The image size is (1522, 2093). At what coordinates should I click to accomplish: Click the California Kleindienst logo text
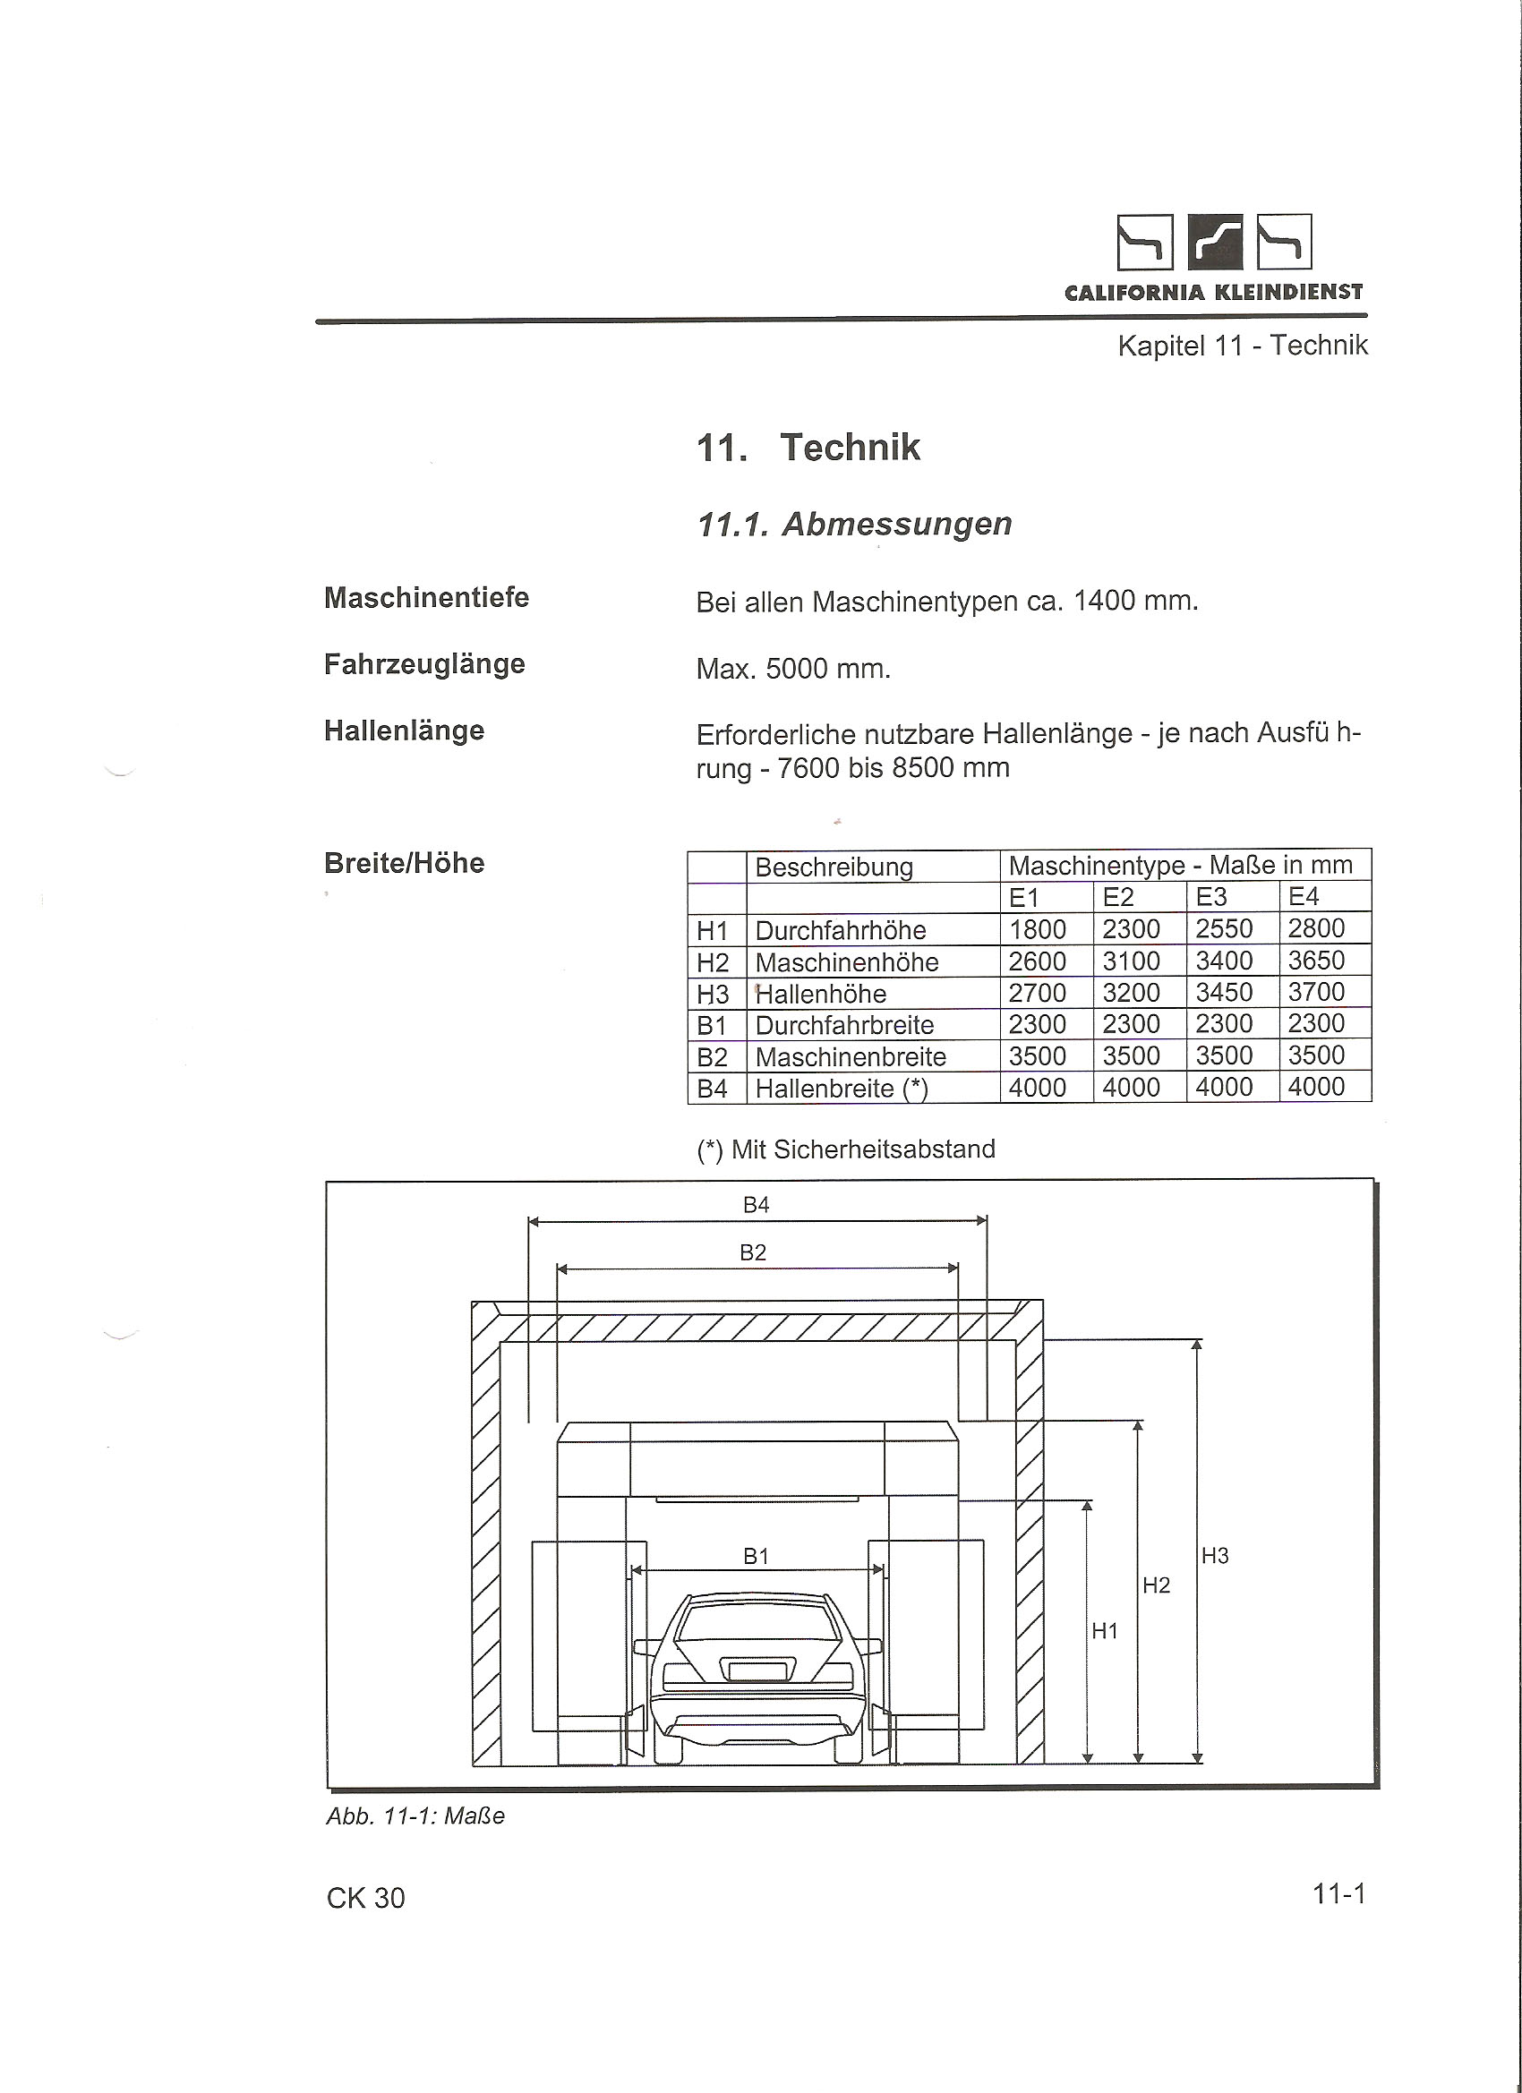point(1213,293)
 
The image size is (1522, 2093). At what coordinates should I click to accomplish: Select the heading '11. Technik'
point(808,448)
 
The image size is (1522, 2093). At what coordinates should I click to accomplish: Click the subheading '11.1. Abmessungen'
point(854,525)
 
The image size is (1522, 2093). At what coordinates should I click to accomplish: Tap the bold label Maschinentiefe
point(426,598)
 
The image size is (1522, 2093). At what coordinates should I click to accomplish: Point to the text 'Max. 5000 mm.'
point(793,668)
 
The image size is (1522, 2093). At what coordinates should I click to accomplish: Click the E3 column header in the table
point(1211,897)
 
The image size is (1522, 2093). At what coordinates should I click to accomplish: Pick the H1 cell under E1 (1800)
point(1038,929)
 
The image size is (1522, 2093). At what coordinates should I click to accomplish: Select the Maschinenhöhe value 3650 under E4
point(1316,961)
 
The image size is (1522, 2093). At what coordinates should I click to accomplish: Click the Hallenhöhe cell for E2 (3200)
point(1131,993)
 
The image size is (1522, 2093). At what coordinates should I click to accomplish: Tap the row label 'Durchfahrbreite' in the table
point(844,1025)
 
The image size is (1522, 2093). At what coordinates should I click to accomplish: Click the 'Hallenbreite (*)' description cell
point(841,1089)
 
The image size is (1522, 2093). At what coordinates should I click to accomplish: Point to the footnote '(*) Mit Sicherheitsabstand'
point(845,1149)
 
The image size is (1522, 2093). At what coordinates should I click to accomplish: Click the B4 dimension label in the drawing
point(756,1205)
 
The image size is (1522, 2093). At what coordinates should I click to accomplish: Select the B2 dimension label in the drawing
point(753,1253)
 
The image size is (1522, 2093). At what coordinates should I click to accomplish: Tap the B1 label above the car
point(756,1557)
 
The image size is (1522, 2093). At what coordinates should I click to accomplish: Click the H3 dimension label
point(1215,1556)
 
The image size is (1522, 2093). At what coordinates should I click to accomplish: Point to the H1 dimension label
point(1105,1632)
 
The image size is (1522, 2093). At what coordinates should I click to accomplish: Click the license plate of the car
point(757,1670)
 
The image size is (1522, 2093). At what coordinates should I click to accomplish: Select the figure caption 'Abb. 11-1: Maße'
point(415,1816)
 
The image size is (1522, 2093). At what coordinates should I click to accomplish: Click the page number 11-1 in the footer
point(1338,1894)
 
